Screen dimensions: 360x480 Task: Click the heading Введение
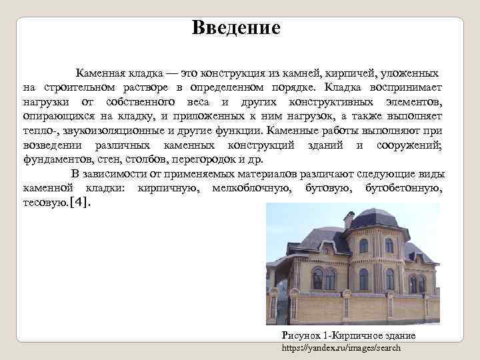click(236, 28)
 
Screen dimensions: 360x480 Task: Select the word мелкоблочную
click(251, 189)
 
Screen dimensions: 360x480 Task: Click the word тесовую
click(43, 203)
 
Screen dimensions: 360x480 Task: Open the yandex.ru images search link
click(341, 348)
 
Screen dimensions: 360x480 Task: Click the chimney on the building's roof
click(347, 219)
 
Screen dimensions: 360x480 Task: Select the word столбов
click(146, 160)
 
